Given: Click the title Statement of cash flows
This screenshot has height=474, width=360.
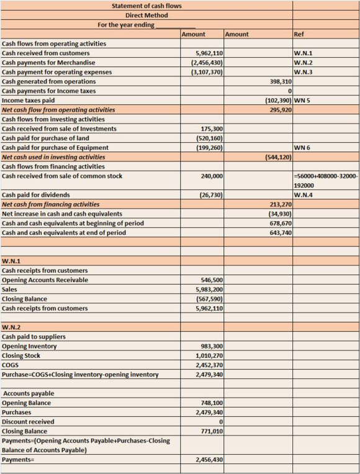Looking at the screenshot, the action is (x=146, y=6).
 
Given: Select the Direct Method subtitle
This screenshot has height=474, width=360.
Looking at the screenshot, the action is (x=146, y=15).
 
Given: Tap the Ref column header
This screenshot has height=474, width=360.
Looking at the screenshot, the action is (x=299, y=34).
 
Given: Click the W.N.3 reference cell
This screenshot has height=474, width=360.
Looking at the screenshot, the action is (x=304, y=72).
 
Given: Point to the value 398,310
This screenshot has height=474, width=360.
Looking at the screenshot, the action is (x=281, y=81).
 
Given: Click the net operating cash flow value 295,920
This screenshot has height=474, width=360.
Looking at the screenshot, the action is (x=281, y=110).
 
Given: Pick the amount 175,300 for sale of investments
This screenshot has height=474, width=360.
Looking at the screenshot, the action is (x=212, y=129).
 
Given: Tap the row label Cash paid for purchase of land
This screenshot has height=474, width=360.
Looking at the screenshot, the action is (x=45, y=138).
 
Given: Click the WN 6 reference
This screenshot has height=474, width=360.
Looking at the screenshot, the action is (x=302, y=147).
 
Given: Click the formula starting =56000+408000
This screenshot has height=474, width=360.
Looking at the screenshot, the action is (x=326, y=181).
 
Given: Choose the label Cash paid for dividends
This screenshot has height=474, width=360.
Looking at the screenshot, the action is (x=36, y=195).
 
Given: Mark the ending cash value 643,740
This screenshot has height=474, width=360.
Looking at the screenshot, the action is (x=281, y=233).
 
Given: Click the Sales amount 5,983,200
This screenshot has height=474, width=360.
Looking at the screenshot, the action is (x=209, y=289).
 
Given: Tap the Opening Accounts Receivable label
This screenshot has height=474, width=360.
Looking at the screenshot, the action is (x=45, y=280).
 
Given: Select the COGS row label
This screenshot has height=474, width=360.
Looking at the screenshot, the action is (x=11, y=365).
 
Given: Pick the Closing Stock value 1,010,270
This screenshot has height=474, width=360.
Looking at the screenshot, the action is (x=209, y=356).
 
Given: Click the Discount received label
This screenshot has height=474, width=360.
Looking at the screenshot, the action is (x=28, y=422).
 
